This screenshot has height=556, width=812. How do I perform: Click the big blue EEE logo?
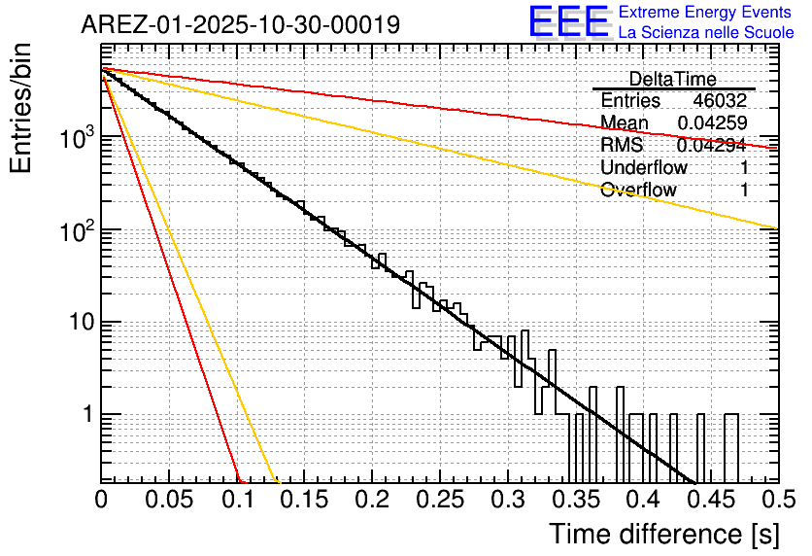568,23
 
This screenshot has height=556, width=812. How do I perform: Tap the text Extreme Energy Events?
706,13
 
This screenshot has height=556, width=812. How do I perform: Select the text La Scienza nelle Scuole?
706,33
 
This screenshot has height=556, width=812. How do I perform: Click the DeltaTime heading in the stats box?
672,79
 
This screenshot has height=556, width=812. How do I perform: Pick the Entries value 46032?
720,100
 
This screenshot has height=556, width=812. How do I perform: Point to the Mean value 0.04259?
712,122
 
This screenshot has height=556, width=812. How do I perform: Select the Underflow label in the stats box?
643,167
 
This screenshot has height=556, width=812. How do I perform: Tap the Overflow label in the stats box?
638,190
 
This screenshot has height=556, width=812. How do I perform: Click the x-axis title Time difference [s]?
663,534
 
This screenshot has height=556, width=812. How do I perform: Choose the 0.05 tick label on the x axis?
169,501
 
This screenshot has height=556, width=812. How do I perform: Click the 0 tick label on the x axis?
101,501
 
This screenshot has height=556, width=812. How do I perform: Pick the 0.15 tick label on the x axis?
304,501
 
